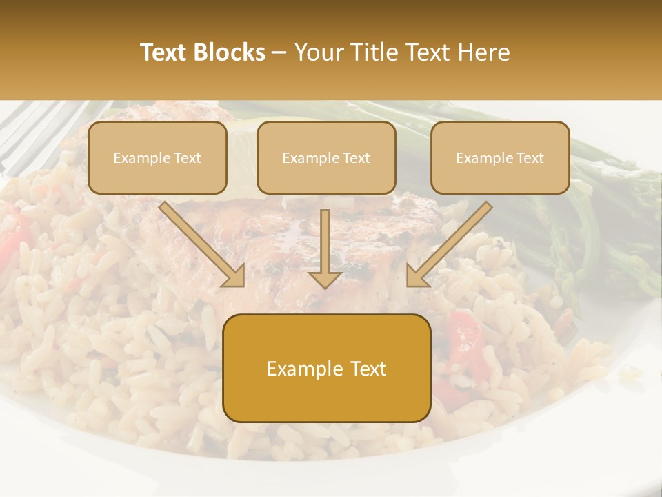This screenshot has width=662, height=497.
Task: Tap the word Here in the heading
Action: (483, 52)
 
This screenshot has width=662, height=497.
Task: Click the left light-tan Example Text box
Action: (157, 157)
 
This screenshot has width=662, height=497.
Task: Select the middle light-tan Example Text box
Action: (326, 157)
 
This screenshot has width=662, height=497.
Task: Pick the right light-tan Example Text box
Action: (500, 157)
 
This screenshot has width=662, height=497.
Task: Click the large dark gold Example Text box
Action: (327, 368)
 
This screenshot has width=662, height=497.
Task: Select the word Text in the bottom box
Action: (368, 369)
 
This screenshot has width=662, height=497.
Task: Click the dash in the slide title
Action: (279, 52)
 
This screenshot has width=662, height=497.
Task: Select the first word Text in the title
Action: (165, 52)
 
